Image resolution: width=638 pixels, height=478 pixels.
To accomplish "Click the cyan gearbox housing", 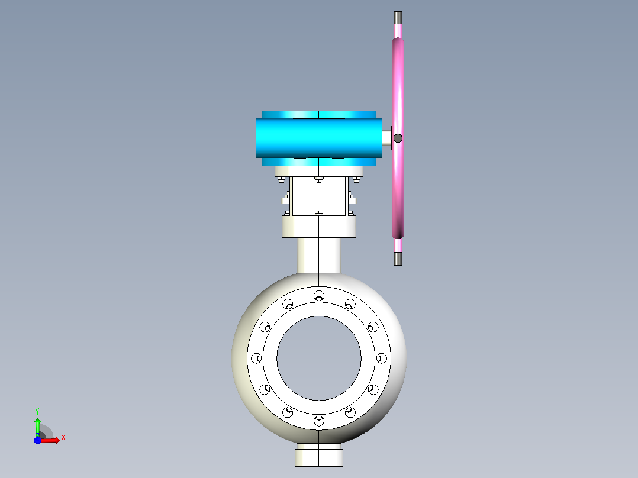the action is [x=318, y=138].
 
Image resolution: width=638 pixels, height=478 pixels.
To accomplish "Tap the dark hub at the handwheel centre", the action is [x=398, y=138].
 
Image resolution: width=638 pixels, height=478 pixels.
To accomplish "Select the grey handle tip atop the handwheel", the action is [x=398, y=18].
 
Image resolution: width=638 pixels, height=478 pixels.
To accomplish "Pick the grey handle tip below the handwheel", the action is [x=398, y=259].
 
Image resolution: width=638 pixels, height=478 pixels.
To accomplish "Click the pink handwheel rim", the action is [x=398, y=138].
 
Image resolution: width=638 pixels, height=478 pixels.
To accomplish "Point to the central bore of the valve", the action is [x=319, y=358].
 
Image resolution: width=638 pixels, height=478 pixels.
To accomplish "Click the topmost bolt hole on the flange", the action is [x=319, y=296].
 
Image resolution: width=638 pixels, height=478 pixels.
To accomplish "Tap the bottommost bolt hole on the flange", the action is [x=319, y=421].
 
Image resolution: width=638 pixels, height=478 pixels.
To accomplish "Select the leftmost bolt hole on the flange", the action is [x=256, y=358].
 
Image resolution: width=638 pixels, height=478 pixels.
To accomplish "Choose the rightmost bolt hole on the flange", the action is [x=382, y=358].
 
